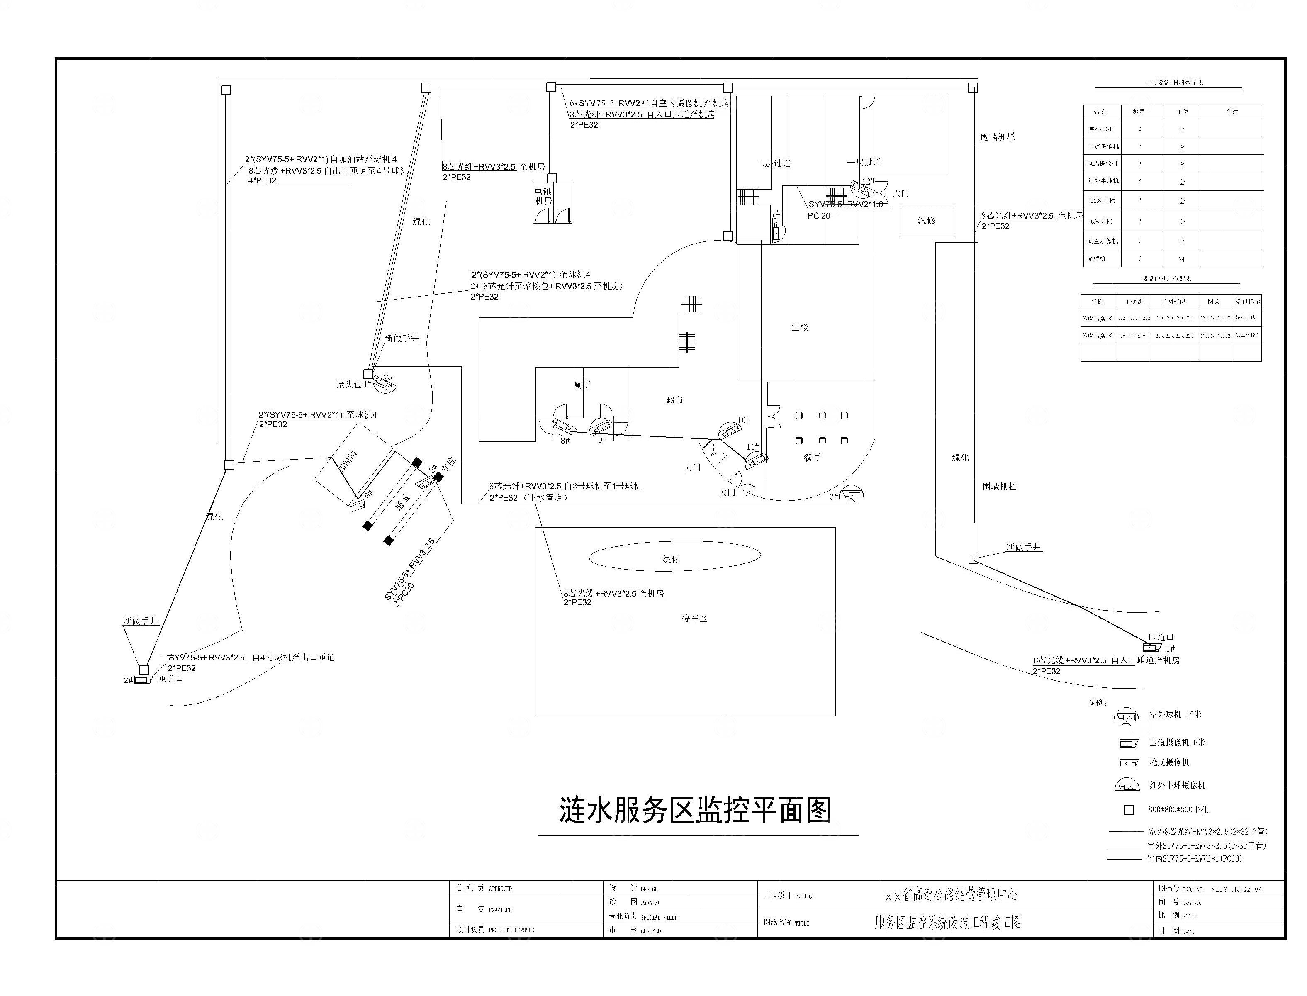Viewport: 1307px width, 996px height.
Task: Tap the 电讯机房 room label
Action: click(543, 196)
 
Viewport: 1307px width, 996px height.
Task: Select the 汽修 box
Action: click(927, 221)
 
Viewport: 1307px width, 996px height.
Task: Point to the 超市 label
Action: click(674, 400)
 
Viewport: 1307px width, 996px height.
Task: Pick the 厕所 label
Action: click(582, 385)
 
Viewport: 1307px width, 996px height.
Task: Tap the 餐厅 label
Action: click(811, 457)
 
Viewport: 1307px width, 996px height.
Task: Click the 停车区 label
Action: click(694, 619)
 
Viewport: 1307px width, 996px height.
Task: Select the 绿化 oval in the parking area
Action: click(674, 557)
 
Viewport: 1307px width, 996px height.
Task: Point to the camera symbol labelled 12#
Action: click(859, 188)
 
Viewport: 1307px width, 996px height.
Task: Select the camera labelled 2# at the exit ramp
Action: click(143, 679)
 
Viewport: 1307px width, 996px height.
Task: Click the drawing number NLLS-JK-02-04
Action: click(1236, 889)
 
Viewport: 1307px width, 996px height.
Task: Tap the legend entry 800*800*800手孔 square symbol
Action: click(1129, 809)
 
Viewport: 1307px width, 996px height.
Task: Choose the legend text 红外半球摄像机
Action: click(1177, 785)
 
